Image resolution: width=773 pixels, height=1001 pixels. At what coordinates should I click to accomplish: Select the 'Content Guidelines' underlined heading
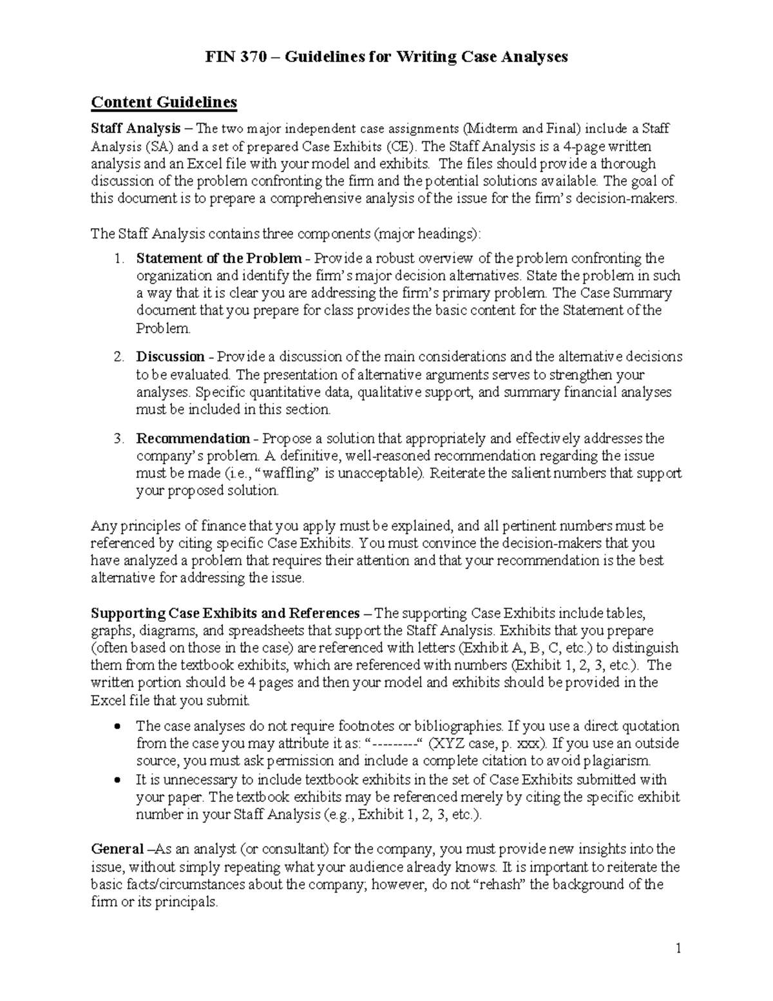(164, 102)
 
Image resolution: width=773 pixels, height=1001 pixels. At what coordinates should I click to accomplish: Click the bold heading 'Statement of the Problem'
(218, 258)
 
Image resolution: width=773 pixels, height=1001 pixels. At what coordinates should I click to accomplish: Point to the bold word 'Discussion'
(169, 357)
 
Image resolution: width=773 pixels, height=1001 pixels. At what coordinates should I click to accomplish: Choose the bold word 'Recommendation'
(193, 439)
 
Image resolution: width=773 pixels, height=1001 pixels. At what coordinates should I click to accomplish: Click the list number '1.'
(119, 258)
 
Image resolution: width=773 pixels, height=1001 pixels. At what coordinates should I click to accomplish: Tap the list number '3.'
(119, 439)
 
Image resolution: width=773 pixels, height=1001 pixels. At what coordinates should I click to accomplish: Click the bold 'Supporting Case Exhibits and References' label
(225, 613)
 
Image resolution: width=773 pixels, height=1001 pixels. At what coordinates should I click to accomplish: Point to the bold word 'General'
(117, 849)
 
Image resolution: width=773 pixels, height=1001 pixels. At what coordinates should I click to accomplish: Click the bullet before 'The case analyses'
(117, 726)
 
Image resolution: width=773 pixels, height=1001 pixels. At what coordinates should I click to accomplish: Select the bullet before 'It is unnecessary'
(117, 780)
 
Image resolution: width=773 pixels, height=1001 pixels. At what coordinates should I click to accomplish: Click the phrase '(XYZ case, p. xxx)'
(488, 744)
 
